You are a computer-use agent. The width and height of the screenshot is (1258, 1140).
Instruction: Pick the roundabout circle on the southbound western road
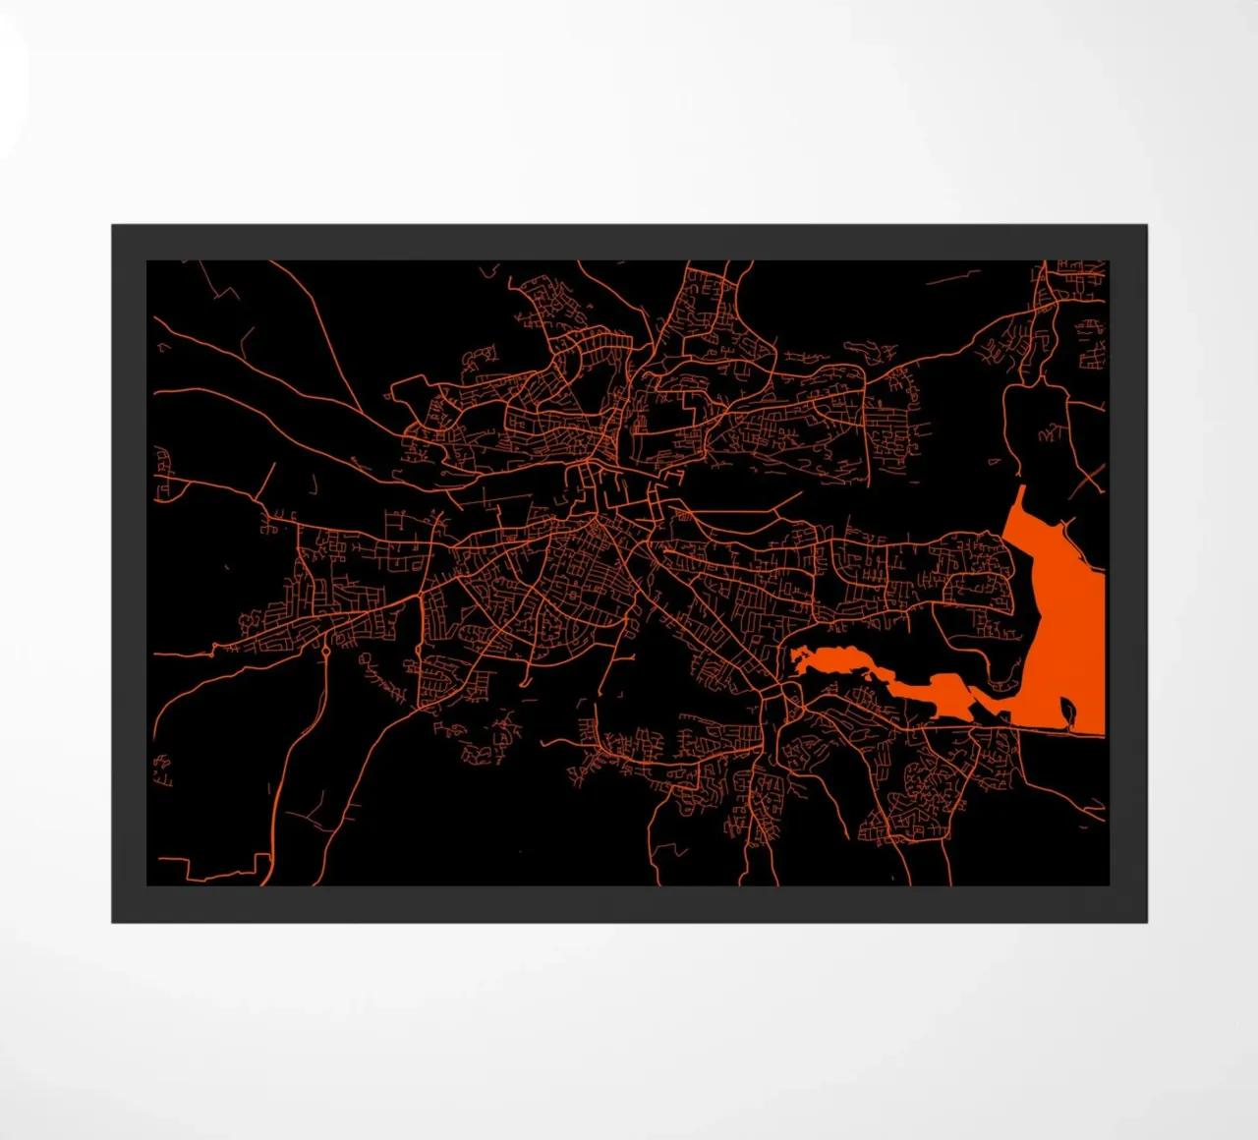[325, 651]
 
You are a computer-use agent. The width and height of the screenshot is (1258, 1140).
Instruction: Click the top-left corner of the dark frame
[114, 227]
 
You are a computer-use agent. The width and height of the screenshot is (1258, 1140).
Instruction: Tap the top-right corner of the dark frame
[1145, 227]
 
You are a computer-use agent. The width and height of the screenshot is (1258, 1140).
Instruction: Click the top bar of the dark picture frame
[629, 242]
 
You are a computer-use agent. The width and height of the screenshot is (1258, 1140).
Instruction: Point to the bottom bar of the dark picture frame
[629, 904]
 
